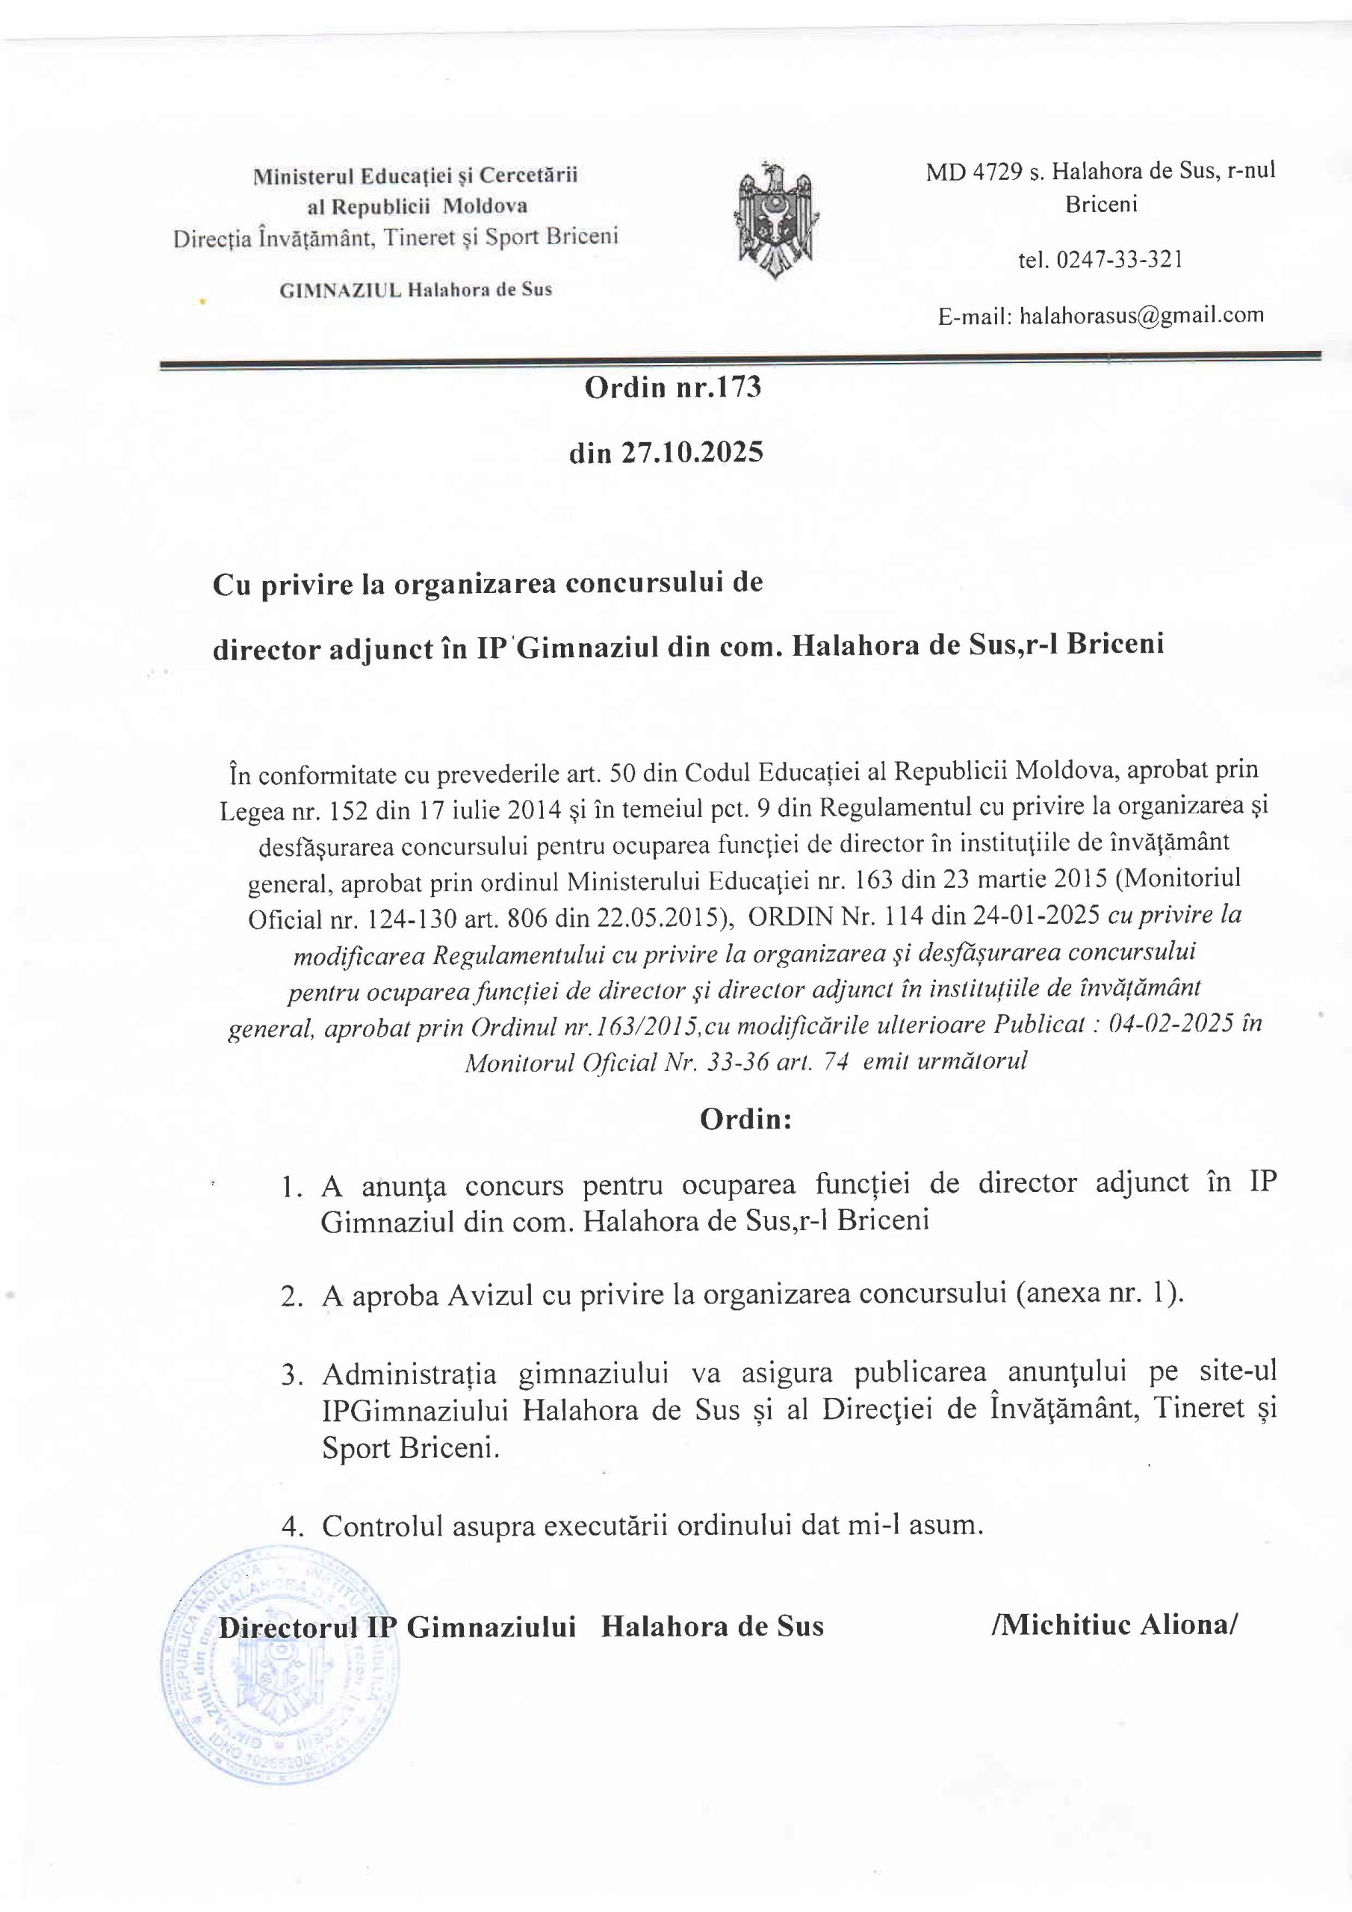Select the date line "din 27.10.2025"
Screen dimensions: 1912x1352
coord(666,453)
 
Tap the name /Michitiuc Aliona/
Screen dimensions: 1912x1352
coord(1114,1624)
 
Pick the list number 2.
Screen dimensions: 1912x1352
coord(291,1297)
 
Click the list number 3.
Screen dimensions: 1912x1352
coord(291,1375)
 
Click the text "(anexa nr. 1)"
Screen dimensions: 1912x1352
coord(1099,1294)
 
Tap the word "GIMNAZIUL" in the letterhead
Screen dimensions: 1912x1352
coord(341,291)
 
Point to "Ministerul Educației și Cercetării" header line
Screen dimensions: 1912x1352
coord(415,176)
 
